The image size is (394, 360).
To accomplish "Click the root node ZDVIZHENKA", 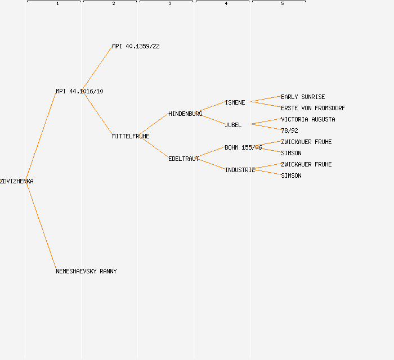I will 17,181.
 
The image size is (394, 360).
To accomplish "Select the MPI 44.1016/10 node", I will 79,91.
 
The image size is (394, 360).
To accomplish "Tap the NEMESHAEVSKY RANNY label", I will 86,271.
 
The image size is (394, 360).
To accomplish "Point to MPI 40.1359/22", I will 136,46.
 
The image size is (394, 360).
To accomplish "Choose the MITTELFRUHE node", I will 131,136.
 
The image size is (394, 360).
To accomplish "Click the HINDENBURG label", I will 185,114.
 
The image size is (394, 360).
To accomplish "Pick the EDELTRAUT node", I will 183,159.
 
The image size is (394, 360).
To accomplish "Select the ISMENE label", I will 235,102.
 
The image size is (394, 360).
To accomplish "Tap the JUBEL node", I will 233,125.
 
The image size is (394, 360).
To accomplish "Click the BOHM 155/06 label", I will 243,147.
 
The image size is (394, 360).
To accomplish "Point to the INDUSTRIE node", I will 240,170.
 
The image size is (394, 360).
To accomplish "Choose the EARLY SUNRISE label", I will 303,97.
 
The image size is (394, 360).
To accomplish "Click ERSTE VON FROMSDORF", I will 313,108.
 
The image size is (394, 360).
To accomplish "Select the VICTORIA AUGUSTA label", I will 308,119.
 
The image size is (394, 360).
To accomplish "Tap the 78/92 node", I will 289,130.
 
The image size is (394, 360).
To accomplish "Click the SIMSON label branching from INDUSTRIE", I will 291,175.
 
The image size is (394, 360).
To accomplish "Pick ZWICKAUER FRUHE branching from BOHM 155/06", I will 306,142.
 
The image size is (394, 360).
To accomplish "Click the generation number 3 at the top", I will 169,4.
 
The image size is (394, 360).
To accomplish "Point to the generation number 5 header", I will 282,4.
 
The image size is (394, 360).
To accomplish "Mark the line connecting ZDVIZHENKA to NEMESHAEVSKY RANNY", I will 41,226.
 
